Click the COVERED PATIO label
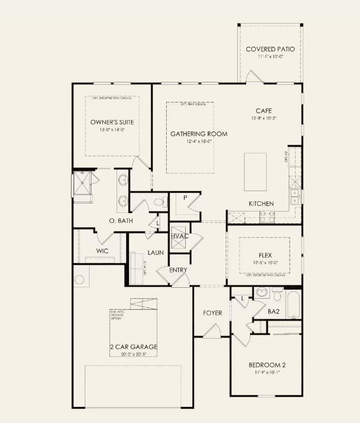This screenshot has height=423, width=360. pyautogui.click(x=270, y=49)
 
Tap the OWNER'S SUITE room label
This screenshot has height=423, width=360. pyautogui.click(x=112, y=122)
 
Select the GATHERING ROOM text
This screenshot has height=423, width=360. pyautogui.click(x=199, y=134)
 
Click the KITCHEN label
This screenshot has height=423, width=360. pyautogui.click(x=261, y=204)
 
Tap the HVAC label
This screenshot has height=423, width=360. pyautogui.click(x=180, y=236)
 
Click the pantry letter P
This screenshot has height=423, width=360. pyautogui.click(x=185, y=198)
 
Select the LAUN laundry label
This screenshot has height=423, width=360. pyautogui.click(x=155, y=252)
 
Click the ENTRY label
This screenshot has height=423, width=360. pyautogui.click(x=178, y=270)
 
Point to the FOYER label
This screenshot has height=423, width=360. pyautogui.click(x=212, y=313)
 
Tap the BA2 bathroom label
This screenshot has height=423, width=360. pyautogui.click(x=273, y=312)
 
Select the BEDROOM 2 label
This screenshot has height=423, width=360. pyautogui.click(x=267, y=365)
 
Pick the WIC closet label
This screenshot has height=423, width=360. pyautogui.click(x=90, y=251)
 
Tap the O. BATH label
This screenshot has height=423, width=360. pyautogui.click(x=121, y=221)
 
